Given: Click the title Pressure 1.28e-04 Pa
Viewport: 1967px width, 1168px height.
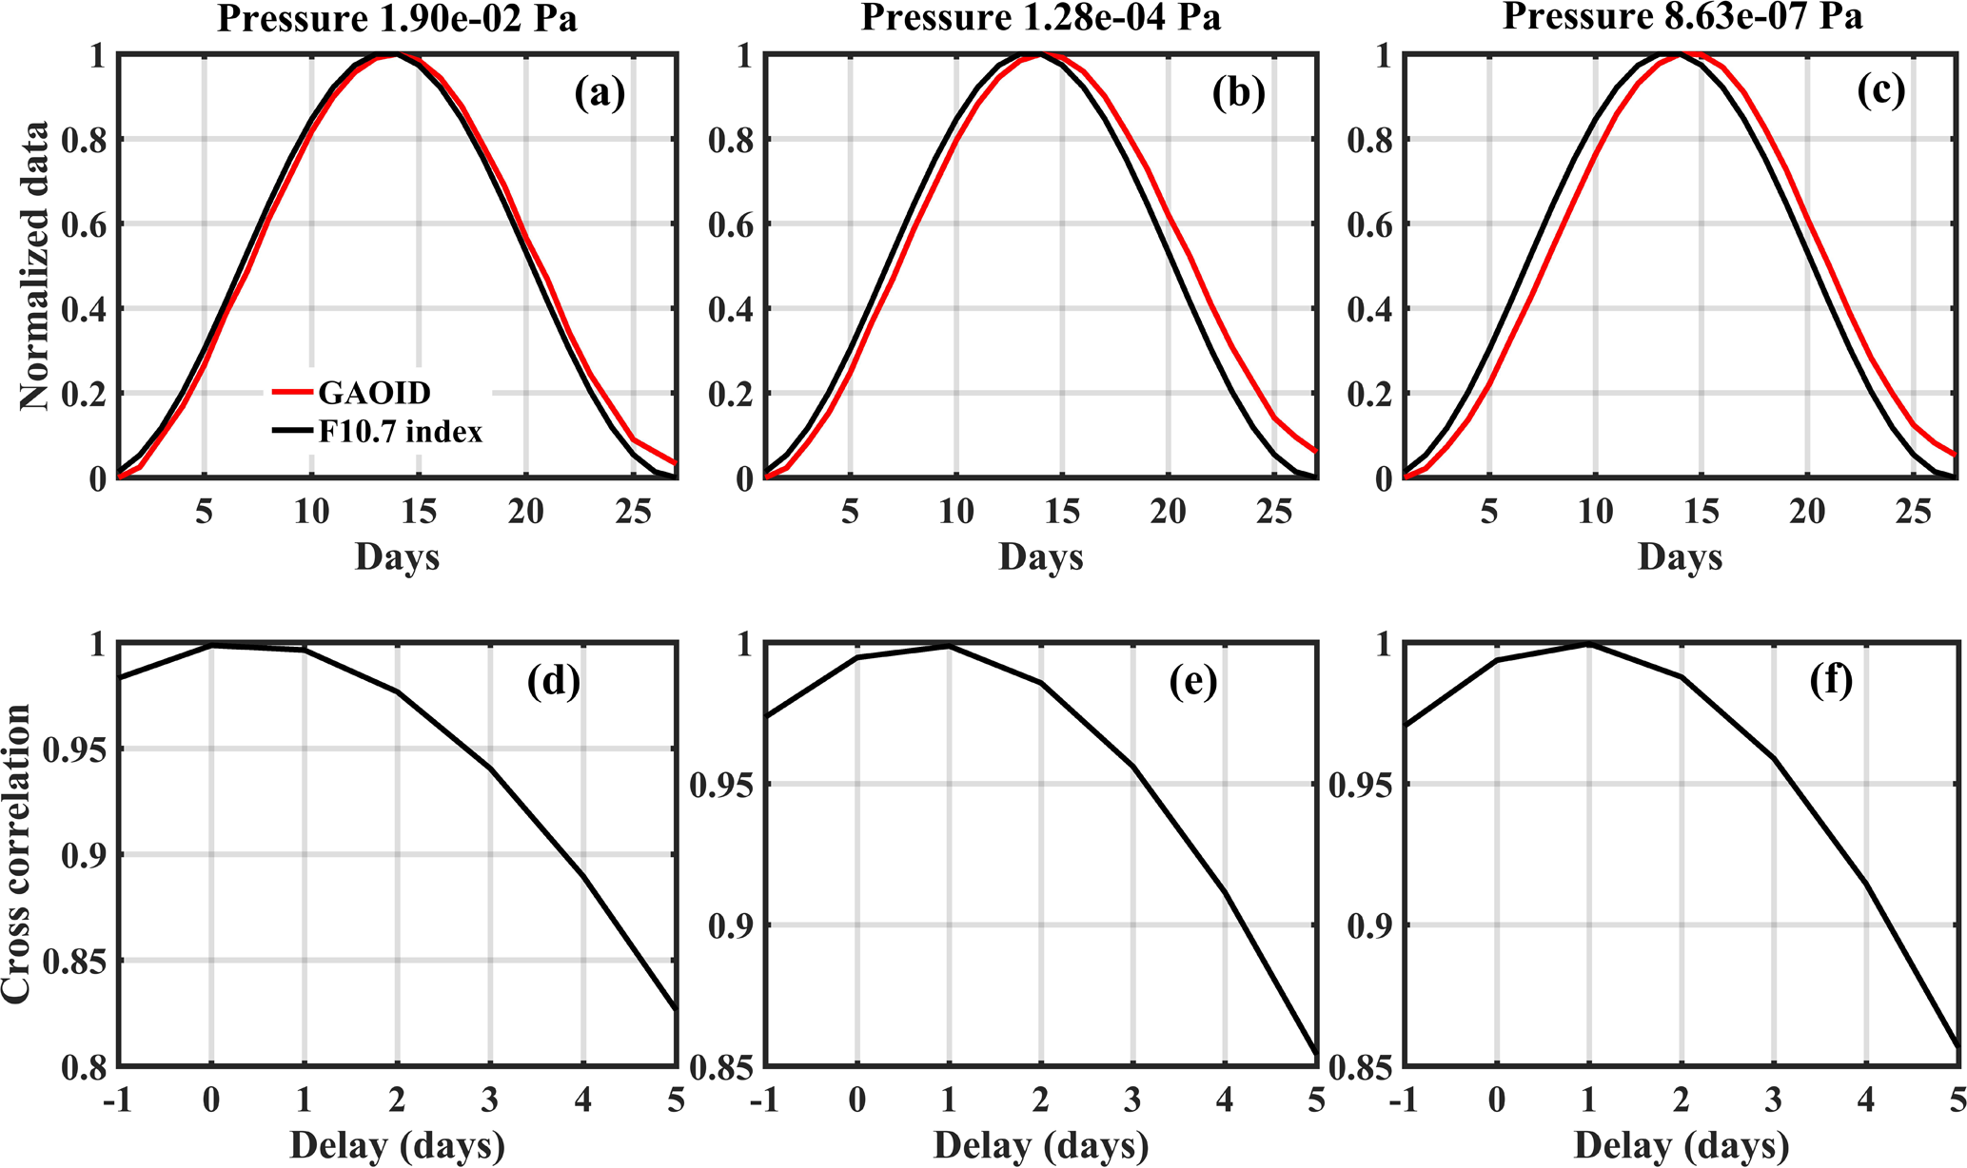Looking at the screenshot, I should (1041, 18).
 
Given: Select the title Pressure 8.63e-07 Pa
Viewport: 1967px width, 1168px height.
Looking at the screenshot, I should (1682, 16).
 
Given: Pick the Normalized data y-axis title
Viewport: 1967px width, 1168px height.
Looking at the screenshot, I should (35, 265).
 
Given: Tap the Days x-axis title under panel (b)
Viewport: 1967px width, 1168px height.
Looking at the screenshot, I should (1041, 556).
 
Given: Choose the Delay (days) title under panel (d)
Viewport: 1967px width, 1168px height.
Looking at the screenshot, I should (397, 1145).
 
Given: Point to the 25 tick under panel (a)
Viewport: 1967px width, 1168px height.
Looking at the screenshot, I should (633, 512).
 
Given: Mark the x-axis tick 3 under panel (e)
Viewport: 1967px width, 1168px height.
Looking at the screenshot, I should (1132, 1100).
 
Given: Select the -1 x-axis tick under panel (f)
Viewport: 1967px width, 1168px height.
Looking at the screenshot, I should (1399, 1100).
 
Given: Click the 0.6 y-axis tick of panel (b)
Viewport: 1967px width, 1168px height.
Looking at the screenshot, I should (729, 224).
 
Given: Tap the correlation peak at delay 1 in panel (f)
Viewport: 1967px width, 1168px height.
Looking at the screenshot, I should (1588, 645).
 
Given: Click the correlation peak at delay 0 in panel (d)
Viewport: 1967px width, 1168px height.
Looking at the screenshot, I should (211, 646).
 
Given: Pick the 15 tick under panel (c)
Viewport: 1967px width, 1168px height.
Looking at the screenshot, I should (1701, 512).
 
